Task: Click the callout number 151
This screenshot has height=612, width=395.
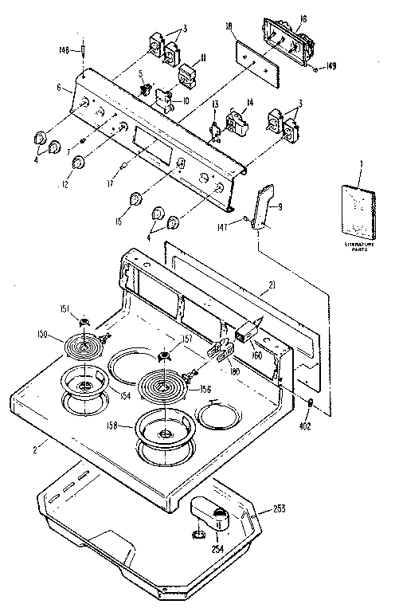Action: click(66, 309)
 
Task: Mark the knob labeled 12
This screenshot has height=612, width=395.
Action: click(79, 163)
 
